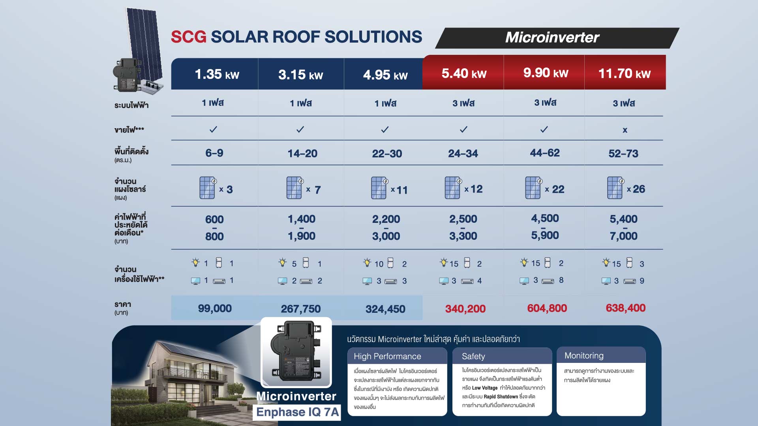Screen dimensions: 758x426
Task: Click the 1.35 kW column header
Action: pos(217,74)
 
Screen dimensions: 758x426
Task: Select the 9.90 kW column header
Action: pos(546,73)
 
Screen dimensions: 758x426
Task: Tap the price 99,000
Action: pos(215,308)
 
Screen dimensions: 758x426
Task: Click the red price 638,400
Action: pos(625,308)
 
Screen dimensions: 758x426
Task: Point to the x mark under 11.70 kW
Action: pos(625,130)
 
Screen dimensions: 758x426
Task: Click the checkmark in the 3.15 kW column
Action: pos(300,129)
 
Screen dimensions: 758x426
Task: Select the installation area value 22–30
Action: pos(387,153)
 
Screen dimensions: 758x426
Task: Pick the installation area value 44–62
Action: pos(545,153)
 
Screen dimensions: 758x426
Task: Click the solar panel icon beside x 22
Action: pos(533,188)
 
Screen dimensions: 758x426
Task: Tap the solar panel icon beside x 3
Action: pos(208,188)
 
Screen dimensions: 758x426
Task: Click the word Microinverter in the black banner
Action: pos(552,37)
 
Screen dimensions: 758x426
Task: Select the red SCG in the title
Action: pos(189,37)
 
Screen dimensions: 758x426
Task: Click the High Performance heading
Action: pos(387,356)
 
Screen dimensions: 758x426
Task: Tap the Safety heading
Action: pos(473,357)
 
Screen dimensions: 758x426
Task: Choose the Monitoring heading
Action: pos(584,356)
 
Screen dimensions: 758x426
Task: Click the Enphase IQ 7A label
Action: pos(297,412)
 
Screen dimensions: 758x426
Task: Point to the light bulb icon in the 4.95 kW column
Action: pos(367,263)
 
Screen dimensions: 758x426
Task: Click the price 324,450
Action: pos(385,309)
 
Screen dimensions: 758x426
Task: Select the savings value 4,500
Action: pos(545,218)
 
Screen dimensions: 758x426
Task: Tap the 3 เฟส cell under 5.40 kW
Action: pos(463,103)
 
